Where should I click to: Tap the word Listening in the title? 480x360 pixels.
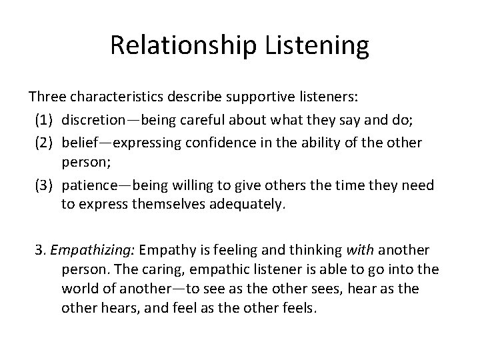coord(321,45)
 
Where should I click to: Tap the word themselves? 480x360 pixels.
coord(159,205)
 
